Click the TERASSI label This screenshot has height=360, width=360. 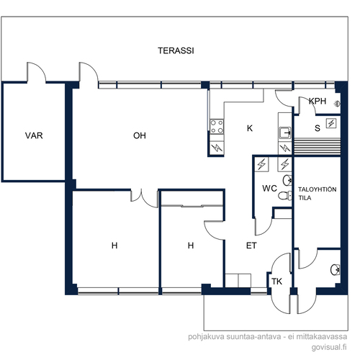pos(176,50)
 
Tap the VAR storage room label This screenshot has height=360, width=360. pos(34,135)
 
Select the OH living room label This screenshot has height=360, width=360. pos(140,135)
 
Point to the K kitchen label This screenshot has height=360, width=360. pos(250,128)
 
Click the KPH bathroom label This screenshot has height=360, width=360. pos(318,101)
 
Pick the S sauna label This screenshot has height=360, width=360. pos(318,128)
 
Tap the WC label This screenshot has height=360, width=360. pos(269,189)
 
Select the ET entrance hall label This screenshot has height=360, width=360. pos(251,246)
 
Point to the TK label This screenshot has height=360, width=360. pos(276,282)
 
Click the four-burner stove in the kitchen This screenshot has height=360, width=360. pos(217,127)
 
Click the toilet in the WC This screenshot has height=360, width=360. pos(285,196)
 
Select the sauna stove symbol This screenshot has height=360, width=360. pos(331,123)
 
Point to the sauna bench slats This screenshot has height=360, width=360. pos(318,146)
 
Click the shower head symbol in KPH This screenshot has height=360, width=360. pos(337,104)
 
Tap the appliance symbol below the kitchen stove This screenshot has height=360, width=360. pos(217,148)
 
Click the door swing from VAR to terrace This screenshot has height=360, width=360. pos(37,72)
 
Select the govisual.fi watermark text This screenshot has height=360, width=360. pos(329,347)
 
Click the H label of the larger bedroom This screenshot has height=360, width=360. pos(114,246)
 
